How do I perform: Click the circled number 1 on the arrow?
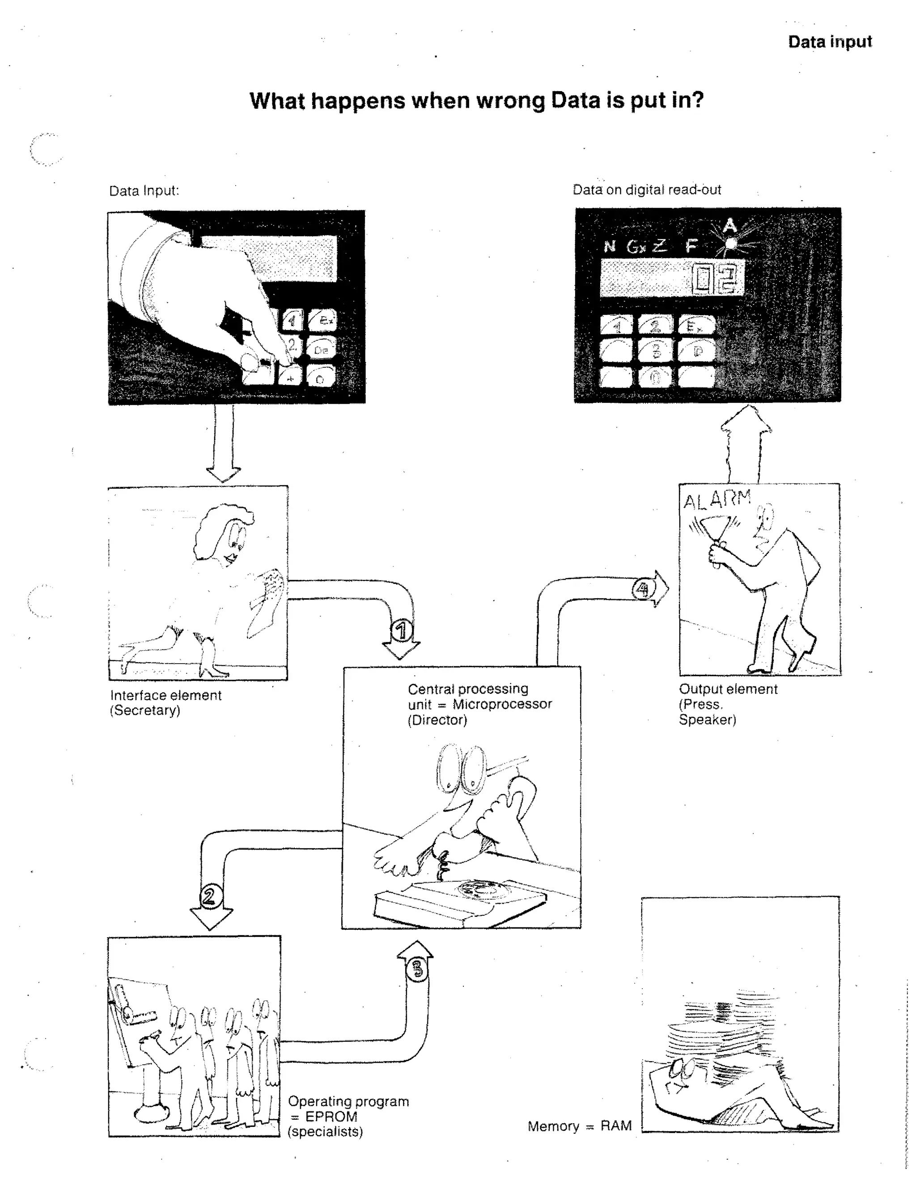click(401, 631)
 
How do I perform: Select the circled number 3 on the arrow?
click(417, 969)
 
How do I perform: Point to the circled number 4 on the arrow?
click(642, 589)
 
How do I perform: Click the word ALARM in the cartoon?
click(717, 499)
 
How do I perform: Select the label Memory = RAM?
click(579, 1126)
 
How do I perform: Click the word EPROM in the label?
click(331, 1116)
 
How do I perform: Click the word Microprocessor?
click(502, 704)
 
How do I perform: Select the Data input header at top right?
click(829, 42)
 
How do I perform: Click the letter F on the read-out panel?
click(690, 246)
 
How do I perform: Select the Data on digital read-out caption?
click(646, 190)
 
